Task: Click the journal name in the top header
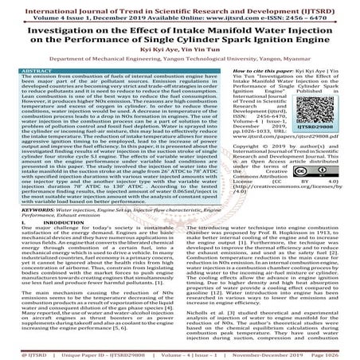click(x=179, y=5)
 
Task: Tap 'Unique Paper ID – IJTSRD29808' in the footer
click(x=104, y=348)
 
